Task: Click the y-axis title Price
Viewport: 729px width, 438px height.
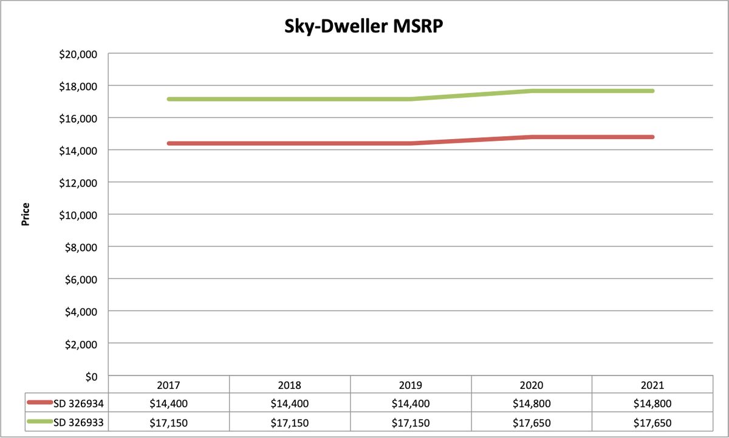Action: [26, 214]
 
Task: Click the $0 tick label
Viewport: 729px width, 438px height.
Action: [91, 376]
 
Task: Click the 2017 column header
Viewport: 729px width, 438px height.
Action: [168, 385]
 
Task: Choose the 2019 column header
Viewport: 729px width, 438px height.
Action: [410, 385]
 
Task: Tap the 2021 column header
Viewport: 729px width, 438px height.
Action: [652, 385]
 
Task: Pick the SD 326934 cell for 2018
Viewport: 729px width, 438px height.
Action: [289, 403]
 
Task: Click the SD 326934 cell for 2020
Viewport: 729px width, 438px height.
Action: [531, 403]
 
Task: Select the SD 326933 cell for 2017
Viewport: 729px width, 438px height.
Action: [168, 422]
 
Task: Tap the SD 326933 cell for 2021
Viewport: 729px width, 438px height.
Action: [652, 422]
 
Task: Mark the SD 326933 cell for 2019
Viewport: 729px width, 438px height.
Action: [410, 422]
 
